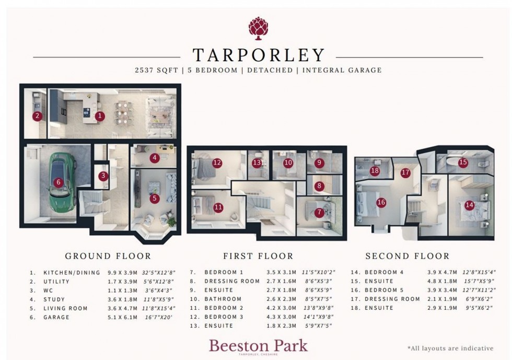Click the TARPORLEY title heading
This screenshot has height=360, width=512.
(258, 55)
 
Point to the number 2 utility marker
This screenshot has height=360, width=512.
(37, 117)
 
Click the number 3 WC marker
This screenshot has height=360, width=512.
(103, 176)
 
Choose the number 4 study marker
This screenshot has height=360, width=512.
(154, 157)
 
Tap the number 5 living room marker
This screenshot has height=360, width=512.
(154, 198)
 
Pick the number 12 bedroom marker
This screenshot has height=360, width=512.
(217, 162)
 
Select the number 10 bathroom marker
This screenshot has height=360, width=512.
(288, 162)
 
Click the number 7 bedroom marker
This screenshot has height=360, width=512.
(319, 212)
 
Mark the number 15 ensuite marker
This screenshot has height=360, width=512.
(463, 162)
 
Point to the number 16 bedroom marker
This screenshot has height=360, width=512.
(381, 202)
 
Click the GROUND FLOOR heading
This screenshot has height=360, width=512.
(108, 256)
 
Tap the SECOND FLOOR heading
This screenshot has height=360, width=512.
(407, 256)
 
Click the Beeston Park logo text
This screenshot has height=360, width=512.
(258, 345)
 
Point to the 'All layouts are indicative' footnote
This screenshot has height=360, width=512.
(450, 348)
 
